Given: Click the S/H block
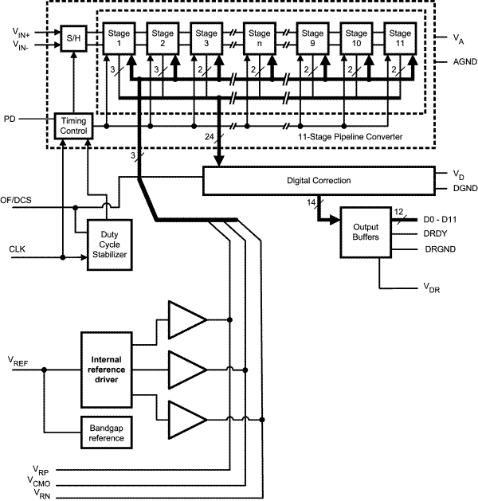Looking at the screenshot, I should tap(72, 38).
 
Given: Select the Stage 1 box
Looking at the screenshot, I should tap(119, 38).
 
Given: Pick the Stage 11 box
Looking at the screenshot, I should tap(401, 38).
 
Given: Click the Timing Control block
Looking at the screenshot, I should tap(73, 125).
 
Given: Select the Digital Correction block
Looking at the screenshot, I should tap(318, 181).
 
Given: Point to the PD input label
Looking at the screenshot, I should tap(10, 119).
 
